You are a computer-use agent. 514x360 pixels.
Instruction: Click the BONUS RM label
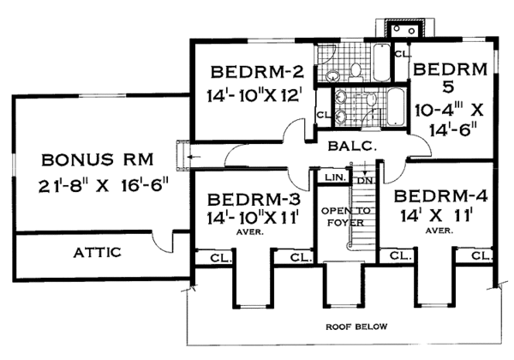[x=98, y=160]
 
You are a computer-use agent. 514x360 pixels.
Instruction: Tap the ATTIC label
[x=97, y=253]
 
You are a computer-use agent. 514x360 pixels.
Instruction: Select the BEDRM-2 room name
[x=257, y=72]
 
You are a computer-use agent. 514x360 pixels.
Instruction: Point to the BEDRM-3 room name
[x=254, y=199]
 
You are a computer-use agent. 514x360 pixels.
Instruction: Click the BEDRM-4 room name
[x=440, y=196]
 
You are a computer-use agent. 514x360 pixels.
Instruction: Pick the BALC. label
[x=352, y=147]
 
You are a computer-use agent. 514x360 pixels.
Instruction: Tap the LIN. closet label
[x=335, y=177]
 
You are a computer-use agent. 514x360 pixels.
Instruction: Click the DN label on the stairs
[x=365, y=180]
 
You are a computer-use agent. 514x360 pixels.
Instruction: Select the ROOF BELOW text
[x=356, y=327]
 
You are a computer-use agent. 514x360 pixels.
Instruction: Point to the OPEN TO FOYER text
[x=346, y=217]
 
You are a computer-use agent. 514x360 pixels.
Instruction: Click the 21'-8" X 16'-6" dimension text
[x=104, y=187]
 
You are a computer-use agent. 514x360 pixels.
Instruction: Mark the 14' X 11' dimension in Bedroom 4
[x=436, y=216]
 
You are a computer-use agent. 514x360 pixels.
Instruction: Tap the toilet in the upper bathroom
[x=356, y=72]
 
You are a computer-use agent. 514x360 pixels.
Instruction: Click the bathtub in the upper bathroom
[x=381, y=63]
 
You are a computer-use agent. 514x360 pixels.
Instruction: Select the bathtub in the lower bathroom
[x=396, y=106]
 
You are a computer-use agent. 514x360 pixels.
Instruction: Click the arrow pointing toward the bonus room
[x=194, y=158]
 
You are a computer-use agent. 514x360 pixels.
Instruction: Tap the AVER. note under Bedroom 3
[x=250, y=232]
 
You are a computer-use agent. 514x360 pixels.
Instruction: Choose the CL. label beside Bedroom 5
[x=403, y=54]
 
